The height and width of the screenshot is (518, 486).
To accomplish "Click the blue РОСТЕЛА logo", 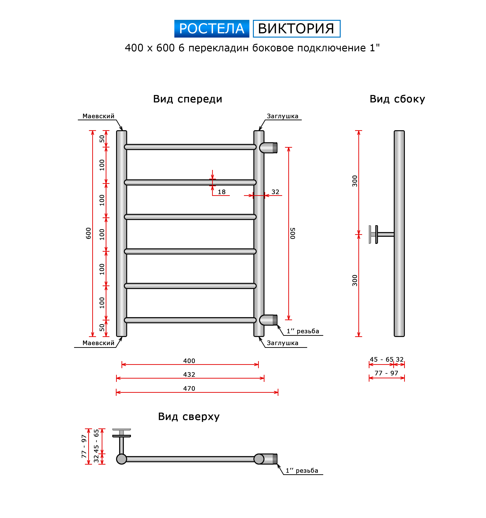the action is tap(212, 29).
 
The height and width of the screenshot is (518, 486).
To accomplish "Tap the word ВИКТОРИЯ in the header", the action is tap(296, 29).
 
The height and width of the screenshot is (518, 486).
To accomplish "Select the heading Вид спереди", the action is tap(188, 99).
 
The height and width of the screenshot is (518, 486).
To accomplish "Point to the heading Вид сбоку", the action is tap(397, 99).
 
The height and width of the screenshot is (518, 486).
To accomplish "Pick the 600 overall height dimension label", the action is tap(88, 233).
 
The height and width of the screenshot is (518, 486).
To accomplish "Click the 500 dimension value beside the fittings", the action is tap(293, 233).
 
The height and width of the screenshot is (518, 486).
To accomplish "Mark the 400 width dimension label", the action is tap(189, 361).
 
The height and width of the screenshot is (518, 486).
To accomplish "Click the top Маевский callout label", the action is tap(98, 116).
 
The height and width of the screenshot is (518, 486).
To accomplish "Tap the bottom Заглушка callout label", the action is tap(283, 343).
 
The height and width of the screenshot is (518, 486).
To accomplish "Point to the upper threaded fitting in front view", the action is tap(268, 148).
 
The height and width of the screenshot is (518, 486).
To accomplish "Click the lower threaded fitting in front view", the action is tap(268, 320).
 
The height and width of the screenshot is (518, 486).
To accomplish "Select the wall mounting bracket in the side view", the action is tap(381, 234).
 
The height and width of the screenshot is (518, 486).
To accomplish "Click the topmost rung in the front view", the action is tap(190, 147).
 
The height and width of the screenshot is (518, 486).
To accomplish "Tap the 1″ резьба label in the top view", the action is tap(302, 471).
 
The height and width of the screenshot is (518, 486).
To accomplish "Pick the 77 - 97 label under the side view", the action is tap(386, 373).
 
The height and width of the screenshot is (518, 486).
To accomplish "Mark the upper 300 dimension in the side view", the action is tap(355, 181).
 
